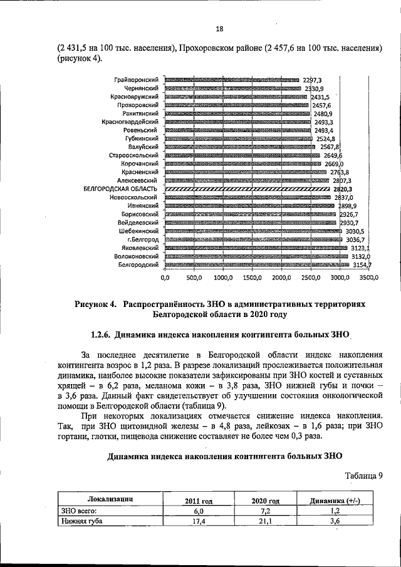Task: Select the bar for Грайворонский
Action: coord(231,80)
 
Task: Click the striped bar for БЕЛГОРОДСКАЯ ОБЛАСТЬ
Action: coord(246,188)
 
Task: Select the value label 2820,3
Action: coord(341,188)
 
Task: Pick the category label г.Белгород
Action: coord(140,239)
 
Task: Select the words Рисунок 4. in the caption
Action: coord(96,304)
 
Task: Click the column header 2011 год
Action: coord(199,501)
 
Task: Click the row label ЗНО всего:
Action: coord(76,511)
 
